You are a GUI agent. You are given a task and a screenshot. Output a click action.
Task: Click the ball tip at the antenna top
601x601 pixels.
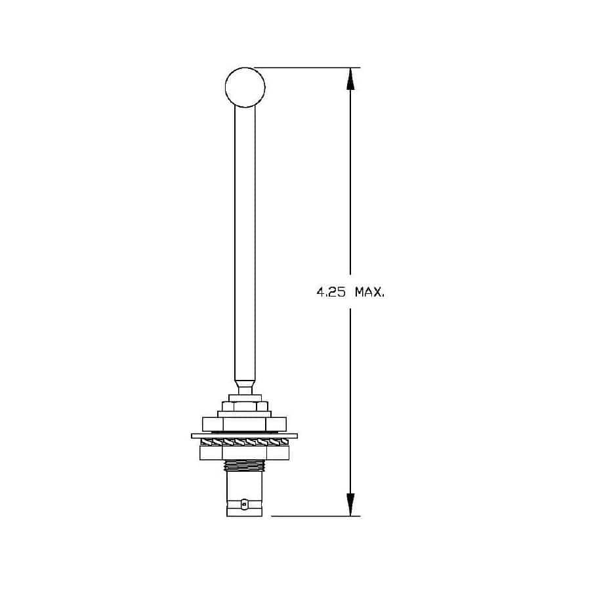coord(245,87)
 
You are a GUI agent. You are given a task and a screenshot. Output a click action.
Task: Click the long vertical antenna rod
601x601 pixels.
coord(245,243)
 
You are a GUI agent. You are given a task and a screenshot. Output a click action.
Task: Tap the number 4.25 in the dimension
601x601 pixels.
coord(331,293)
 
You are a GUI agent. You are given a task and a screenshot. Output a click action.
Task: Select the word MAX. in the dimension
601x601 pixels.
coord(369,293)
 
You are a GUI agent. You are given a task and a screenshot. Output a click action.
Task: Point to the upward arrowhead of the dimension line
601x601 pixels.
coord(350,79)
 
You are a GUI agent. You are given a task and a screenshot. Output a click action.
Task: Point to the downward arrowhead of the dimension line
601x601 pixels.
coord(350,505)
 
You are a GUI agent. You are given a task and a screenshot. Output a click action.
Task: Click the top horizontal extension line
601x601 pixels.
coord(307,68)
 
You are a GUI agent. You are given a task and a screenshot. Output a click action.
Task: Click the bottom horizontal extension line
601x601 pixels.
coord(316,516)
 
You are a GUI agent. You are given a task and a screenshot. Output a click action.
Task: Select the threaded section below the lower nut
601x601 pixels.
coord(245,465)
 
